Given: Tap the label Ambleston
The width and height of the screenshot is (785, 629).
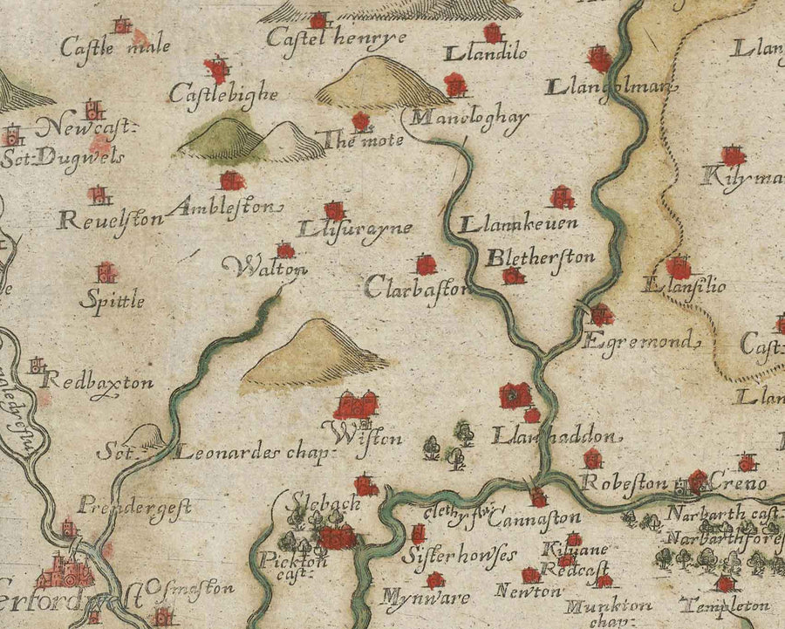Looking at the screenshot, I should pos(228,208).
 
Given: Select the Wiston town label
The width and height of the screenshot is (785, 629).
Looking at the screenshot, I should pos(373,435).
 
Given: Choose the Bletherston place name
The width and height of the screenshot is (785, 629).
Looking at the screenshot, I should pos(540,257).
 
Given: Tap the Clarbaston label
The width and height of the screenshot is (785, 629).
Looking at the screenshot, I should pos(417,286).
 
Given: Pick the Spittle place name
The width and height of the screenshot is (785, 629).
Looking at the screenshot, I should pos(111,301).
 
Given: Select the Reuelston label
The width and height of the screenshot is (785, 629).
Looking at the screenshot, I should pos(110,219).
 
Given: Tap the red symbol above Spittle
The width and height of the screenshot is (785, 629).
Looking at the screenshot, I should pos(106,272).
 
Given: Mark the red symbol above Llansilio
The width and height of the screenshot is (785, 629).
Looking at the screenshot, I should pos(678,266).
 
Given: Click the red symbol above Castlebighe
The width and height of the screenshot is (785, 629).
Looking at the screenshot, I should pos(215,68).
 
